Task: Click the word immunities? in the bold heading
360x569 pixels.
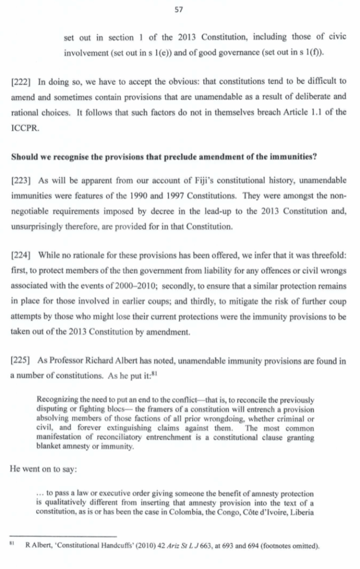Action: click(296, 156)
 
